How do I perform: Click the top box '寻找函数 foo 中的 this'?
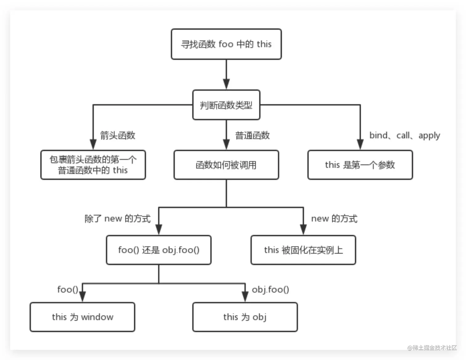pyautogui.click(x=226, y=44)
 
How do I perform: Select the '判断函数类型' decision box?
pyautogui.click(x=226, y=105)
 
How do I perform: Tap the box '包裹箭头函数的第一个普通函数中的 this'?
pyautogui.click(x=93, y=165)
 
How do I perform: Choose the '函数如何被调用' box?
pyautogui.click(x=226, y=165)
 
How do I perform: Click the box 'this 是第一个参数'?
pyautogui.click(x=360, y=165)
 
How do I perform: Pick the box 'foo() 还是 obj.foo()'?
pyautogui.click(x=159, y=250)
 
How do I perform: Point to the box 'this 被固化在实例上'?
pyautogui.click(x=303, y=250)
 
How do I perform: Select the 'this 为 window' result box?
pyautogui.click(x=82, y=317)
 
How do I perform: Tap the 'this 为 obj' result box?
pyautogui.click(x=245, y=317)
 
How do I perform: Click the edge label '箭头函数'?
pyautogui.click(x=118, y=135)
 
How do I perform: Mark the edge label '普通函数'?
pyautogui.click(x=252, y=135)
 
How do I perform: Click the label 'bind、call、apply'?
pyautogui.click(x=404, y=135)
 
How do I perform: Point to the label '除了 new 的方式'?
pyautogui.click(x=117, y=219)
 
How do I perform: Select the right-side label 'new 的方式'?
pyautogui.click(x=334, y=219)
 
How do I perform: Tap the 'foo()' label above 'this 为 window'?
pyautogui.click(x=67, y=289)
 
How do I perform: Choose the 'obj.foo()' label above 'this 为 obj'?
pyautogui.click(x=270, y=289)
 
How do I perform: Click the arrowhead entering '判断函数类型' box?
pyautogui.click(x=226, y=84)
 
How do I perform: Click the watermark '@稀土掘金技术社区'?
pyautogui.click(x=432, y=348)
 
